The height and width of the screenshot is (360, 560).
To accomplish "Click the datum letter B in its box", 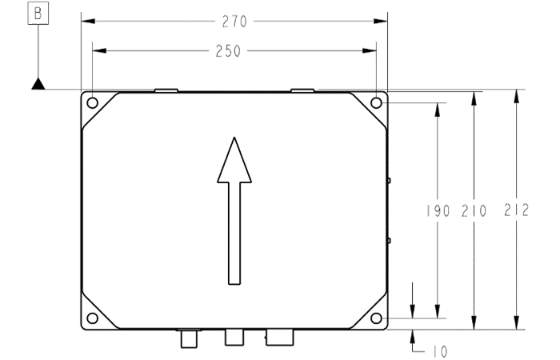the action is pyautogui.click(x=38, y=14).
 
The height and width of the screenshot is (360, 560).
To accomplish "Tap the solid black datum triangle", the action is pyautogui.click(x=38, y=84).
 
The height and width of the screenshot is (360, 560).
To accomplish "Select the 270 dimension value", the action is pyautogui.click(x=234, y=22).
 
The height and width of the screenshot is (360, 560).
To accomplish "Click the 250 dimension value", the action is pyautogui.click(x=228, y=51).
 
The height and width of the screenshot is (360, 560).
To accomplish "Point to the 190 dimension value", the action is pyautogui.click(x=438, y=211).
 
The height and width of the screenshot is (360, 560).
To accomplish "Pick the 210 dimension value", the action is pyautogui.click(x=474, y=211).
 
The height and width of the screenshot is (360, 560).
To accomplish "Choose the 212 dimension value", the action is pyautogui.click(x=516, y=210).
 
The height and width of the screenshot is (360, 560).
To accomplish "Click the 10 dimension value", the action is pyautogui.click(x=440, y=352).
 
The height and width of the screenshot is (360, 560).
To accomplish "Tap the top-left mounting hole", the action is pyautogui.click(x=93, y=103).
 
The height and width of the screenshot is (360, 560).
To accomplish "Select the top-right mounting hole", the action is pyautogui.click(x=376, y=103).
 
